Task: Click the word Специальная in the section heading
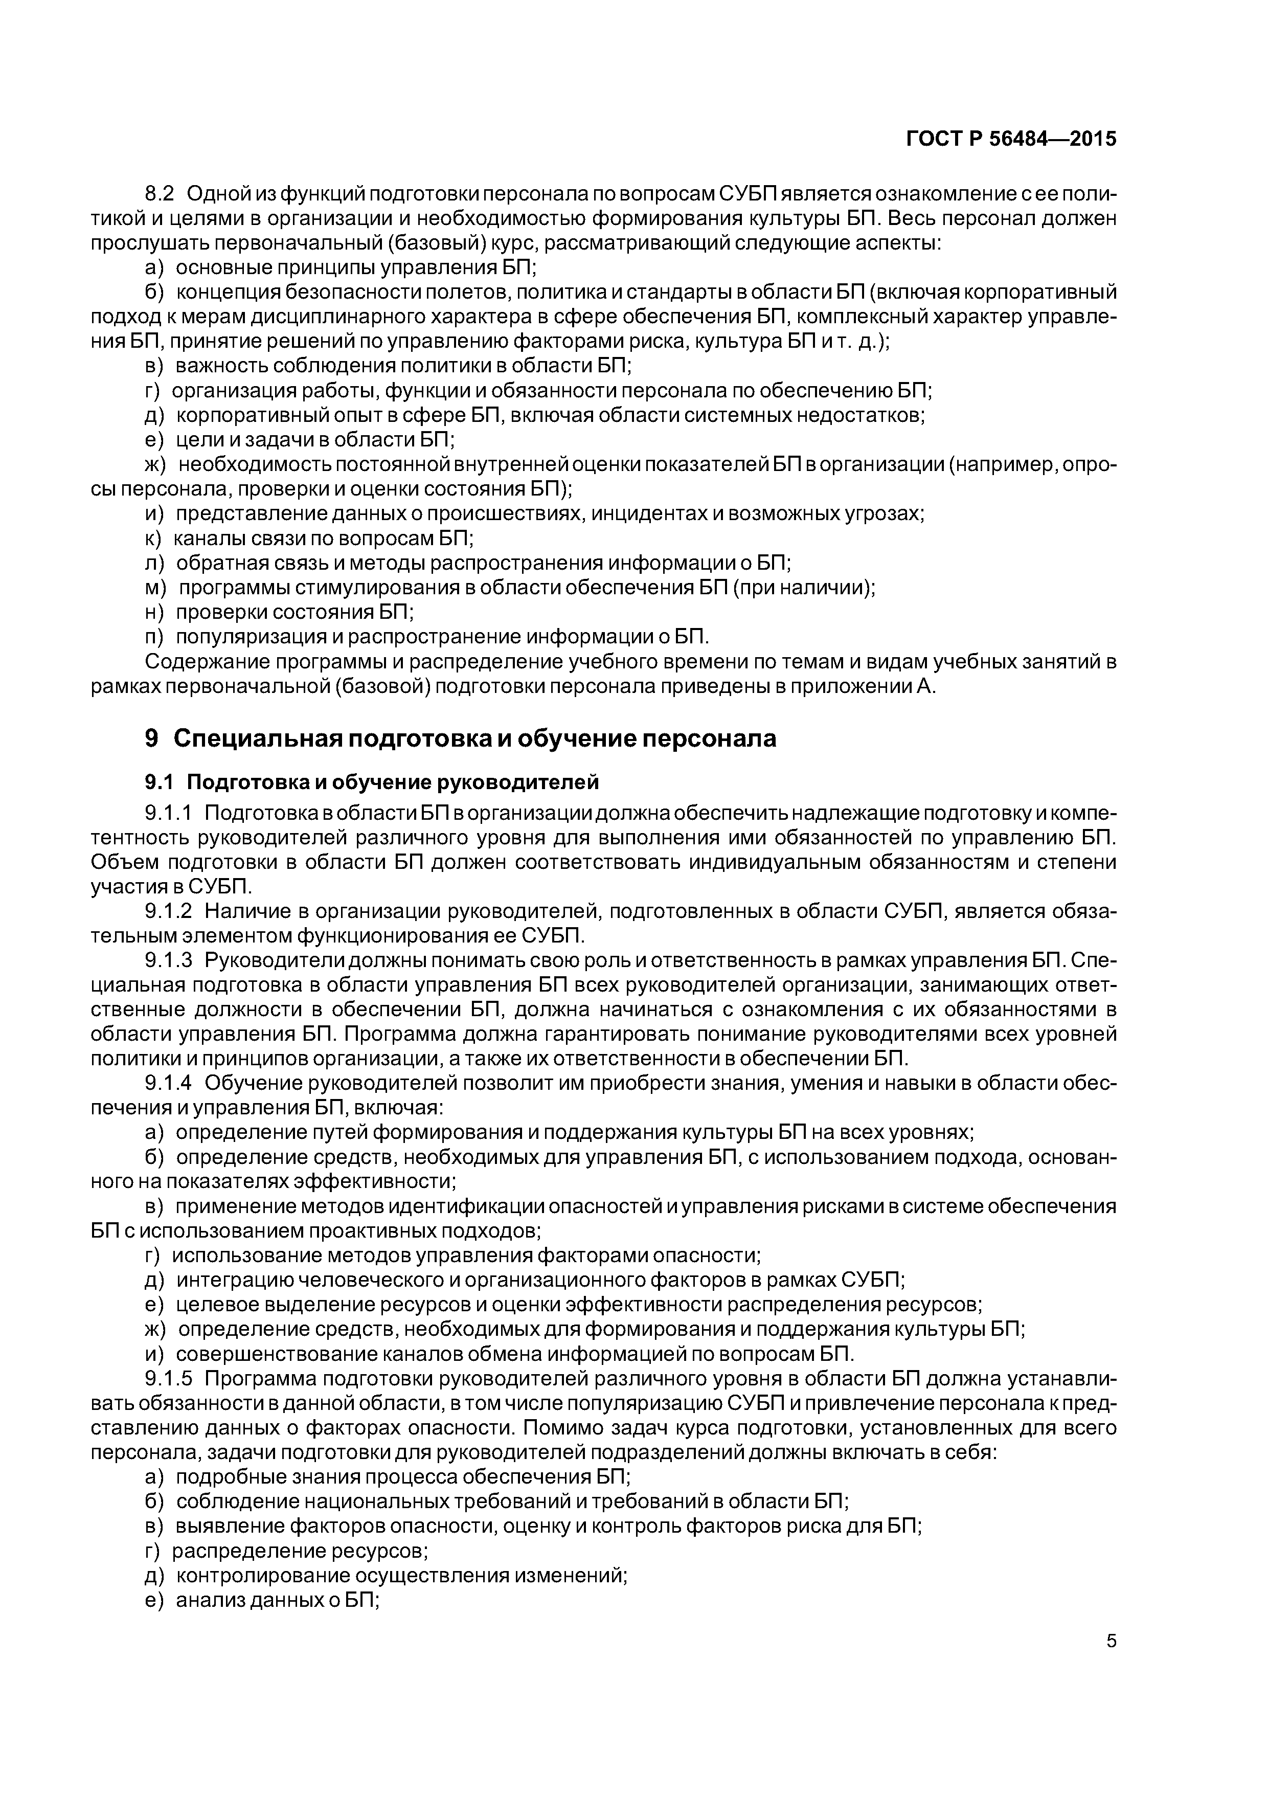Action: (x=258, y=738)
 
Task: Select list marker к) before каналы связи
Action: (x=153, y=539)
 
